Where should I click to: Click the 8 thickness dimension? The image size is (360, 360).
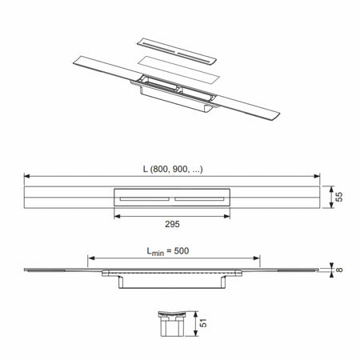tap(339, 270)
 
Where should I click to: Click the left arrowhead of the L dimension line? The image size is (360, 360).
tap(26, 176)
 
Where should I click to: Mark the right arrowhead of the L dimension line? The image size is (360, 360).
tap(321, 176)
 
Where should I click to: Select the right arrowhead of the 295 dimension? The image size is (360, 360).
tap(231, 216)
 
